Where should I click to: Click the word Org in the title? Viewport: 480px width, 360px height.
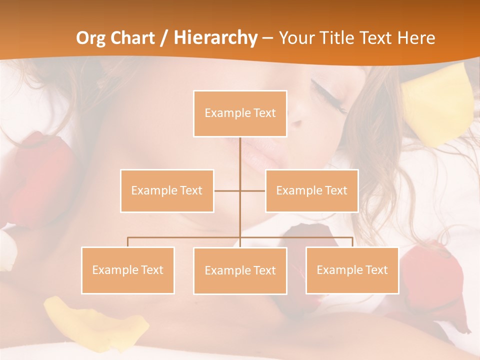pyautogui.click(x=91, y=38)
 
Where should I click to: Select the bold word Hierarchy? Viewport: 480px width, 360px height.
pyautogui.click(x=215, y=38)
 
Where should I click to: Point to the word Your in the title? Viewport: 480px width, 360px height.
pyautogui.click(x=294, y=38)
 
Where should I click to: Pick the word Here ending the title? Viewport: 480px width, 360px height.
pyautogui.click(x=416, y=38)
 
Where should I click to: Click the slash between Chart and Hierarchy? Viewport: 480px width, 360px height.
pyautogui.click(x=164, y=38)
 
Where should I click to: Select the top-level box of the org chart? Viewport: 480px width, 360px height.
pyautogui.click(x=240, y=113)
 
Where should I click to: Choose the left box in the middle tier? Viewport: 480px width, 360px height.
pyautogui.click(x=167, y=190)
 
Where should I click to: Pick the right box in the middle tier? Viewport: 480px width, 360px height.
pyautogui.click(x=311, y=190)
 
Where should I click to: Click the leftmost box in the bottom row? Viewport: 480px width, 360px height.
pyautogui.click(x=127, y=270)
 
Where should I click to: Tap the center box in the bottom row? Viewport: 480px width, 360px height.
pyautogui.click(x=240, y=270)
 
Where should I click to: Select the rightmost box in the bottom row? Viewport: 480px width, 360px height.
pyautogui.click(x=352, y=270)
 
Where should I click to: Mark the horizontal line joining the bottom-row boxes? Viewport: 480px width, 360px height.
pyautogui.click(x=185, y=237)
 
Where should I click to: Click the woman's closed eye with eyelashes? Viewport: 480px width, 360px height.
pyautogui.click(x=327, y=95)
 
